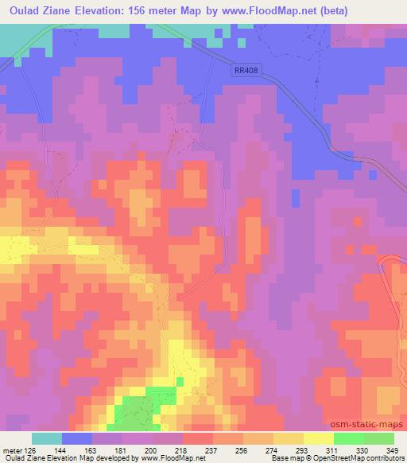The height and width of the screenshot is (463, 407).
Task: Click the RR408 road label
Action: pos(246,71)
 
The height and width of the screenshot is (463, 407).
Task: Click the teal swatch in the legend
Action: pos(46,438)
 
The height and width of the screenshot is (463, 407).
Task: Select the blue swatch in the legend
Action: pos(76,438)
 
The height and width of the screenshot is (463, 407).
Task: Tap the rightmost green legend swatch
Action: pos(378,438)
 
